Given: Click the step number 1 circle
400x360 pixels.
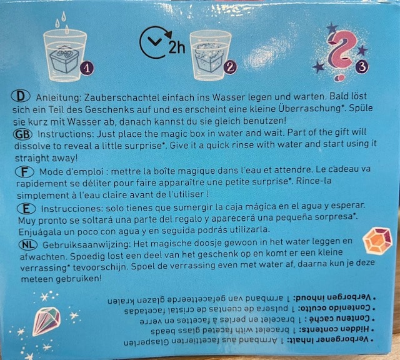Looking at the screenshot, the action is coord(87,68).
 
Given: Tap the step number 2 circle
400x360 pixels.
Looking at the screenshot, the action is coord(231,67).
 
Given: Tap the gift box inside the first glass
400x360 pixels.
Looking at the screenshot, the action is coord(64,59).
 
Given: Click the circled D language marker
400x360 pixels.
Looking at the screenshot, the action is coord(21,96).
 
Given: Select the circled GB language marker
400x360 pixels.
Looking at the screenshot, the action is coord(22,134).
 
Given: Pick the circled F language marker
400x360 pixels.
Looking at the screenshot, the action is coord(24,172).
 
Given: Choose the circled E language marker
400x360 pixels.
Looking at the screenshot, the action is coord(26,209).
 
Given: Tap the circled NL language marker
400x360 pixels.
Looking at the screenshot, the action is coord(28,244).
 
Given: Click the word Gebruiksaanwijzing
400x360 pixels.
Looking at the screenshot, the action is coord(87,245).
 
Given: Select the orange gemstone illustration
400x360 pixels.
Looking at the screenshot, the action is coord(377,241).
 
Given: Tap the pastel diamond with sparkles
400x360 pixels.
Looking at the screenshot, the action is coord(46,321).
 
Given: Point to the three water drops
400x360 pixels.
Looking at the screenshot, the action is coord(62,22).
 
